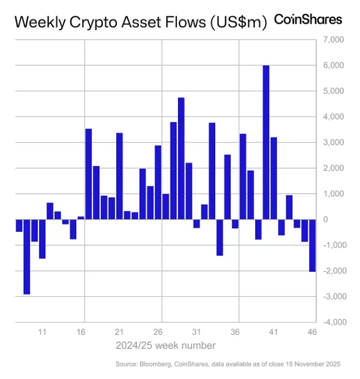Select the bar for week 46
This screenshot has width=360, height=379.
pos(312,245)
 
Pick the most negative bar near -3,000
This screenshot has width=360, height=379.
pos(27,256)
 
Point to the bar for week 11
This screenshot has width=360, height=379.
pos(42,238)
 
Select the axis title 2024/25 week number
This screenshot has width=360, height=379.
pos(166,346)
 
